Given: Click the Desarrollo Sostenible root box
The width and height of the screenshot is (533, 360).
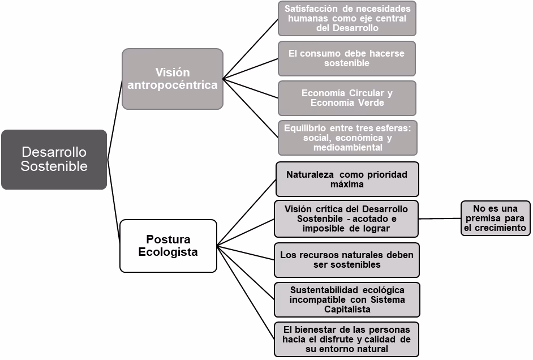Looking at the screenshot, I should click(x=54, y=160).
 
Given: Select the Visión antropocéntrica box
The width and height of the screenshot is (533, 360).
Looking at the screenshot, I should click(x=172, y=79).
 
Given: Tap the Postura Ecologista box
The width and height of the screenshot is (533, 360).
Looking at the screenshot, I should click(x=168, y=246).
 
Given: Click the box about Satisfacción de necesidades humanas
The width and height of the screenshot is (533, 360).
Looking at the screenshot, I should click(x=347, y=18).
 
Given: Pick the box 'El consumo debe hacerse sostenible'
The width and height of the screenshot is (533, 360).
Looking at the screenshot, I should click(x=347, y=58).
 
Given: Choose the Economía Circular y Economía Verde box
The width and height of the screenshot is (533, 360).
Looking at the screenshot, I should click(x=347, y=98).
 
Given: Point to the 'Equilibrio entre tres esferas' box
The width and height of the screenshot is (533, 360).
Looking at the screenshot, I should click(x=347, y=138).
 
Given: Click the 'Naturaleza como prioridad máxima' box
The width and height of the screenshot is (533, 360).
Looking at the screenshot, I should click(x=347, y=179).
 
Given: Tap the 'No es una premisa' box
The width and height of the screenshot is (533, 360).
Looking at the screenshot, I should click(x=496, y=218).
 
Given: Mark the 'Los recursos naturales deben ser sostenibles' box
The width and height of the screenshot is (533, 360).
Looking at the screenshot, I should click(x=347, y=260).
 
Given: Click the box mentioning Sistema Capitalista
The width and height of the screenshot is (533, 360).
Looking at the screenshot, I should click(x=347, y=299).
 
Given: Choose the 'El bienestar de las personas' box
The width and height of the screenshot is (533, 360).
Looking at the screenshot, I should click(x=347, y=339).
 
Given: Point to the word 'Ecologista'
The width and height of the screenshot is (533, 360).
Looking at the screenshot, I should click(x=168, y=252).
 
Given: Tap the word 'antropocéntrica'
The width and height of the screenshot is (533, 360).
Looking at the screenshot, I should click(x=172, y=85).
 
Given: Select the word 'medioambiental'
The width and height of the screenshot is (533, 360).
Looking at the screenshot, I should click(x=347, y=147).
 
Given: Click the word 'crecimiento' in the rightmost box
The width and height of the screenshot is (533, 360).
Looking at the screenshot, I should click(x=496, y=229).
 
